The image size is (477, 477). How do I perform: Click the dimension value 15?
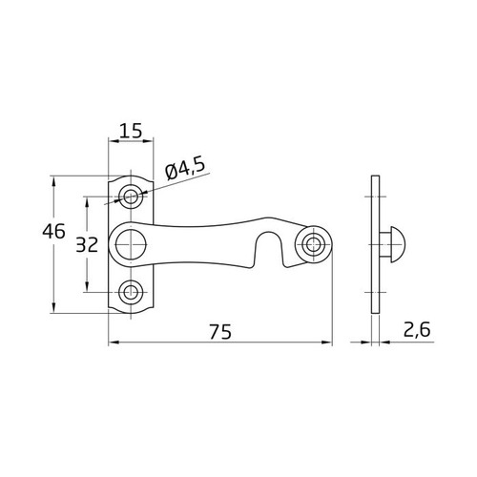click(x=133, y=130)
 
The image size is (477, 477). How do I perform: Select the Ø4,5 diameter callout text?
click(x=184, y=170)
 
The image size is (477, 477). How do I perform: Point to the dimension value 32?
click(x=87, y=244)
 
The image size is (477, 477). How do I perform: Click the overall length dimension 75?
click(x=220, y=332)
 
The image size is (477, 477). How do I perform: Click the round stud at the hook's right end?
click(x=312, y=244)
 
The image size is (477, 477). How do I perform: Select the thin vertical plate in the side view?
click(x=376, y=245)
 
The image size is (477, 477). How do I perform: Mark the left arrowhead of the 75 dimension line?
click(x=113, y=342)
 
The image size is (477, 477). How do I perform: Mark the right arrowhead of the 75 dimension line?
click(x=329, y=342)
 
